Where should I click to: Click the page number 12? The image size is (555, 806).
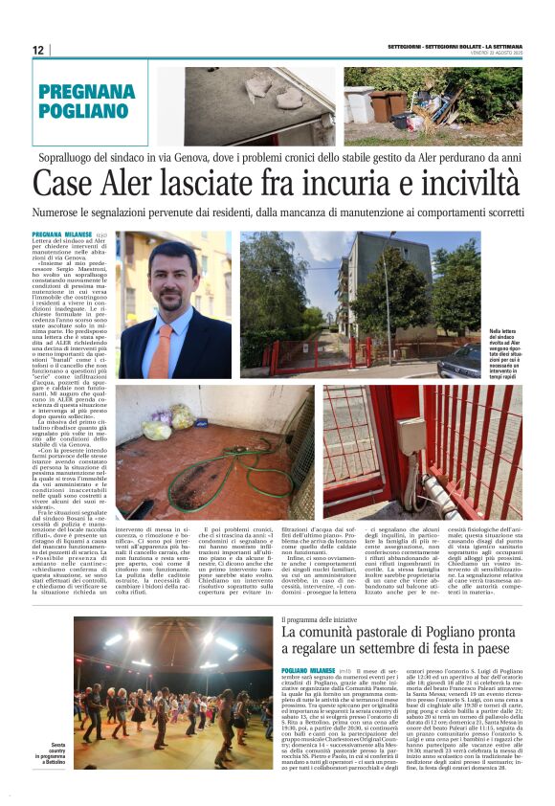point(37,50)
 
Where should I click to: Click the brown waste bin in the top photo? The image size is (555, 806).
point(384,104)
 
